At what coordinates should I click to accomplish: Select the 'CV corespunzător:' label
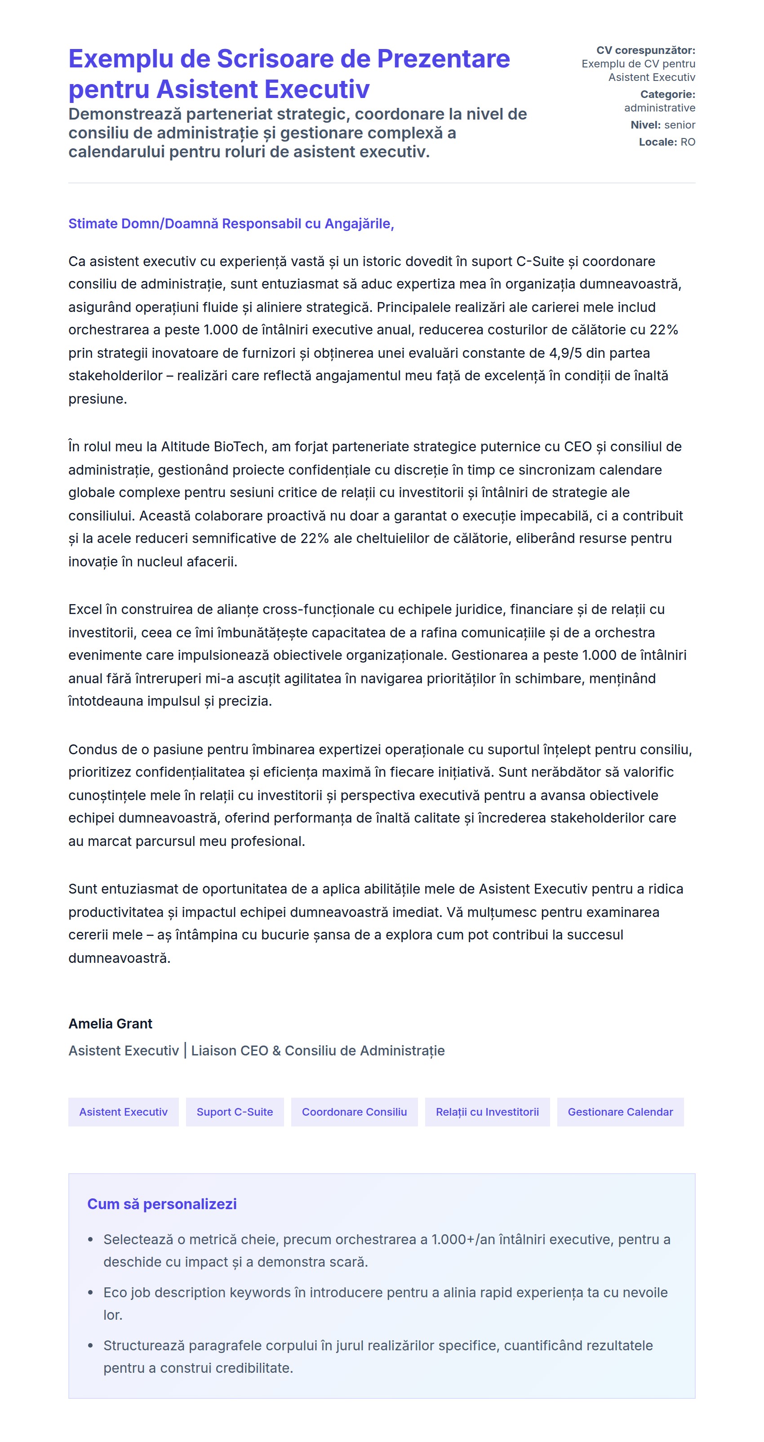pyautogui.click(x=645, y=50)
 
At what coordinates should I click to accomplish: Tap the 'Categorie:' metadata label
pyautogui.click(x=667, y=94)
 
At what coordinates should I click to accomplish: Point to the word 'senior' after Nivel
pyautogui.click(x=680, y=125)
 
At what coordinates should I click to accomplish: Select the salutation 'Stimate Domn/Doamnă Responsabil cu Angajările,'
pyautogui.click(x=231, y=224)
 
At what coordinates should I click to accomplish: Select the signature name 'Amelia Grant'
pyautogui.click(x=110, y=1024)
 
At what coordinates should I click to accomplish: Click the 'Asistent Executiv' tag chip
pyautogui.click(x=123, y=1112)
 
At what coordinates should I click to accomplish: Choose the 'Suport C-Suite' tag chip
pyautogui.click(x=235, y=1112)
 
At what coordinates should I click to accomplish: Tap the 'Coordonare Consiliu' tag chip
pyautogui.click(x=354, y=1112)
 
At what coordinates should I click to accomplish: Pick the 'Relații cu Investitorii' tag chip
pyautogui.click(x=487, y=1112)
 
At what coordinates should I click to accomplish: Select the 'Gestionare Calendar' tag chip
pyautogui.click(x=620, y=1112)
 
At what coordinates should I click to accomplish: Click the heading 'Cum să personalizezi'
pyautogui.click(x=162, y=1204)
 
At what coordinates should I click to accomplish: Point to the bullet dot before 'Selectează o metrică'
pyautogui.click(x=91, y=1240)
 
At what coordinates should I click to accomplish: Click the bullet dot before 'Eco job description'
pyautogui.click(x=91, y=1293)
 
